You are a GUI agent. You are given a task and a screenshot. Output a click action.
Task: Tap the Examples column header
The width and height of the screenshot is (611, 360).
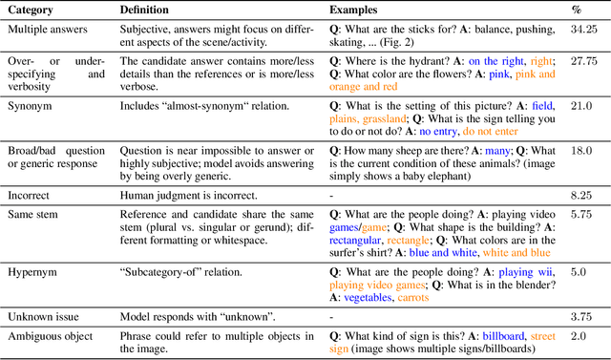356,9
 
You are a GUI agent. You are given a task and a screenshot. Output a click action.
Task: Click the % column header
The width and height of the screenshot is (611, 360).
591,9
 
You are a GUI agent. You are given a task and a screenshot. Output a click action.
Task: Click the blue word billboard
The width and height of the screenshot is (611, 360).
504,336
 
